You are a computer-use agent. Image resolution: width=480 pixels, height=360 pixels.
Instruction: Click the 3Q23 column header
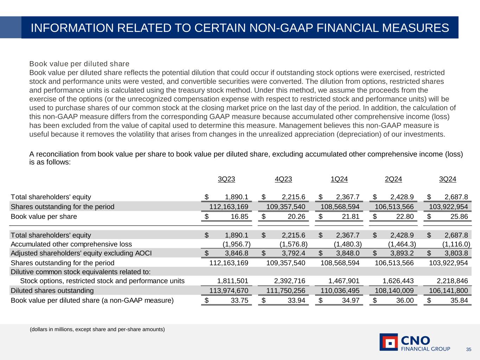[x=226, y=179]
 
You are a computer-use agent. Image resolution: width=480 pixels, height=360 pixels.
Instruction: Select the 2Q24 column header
[x=393, y=179]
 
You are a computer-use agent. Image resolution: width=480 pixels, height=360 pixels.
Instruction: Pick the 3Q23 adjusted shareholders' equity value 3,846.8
[x=236, y=253]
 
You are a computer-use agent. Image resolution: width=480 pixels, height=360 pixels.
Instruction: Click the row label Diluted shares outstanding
[x=52, y=291]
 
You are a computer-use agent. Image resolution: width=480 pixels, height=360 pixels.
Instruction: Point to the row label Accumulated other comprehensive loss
[x=71, y=244]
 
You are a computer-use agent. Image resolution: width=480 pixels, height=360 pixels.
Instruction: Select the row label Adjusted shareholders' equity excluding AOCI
[x=81, y=253]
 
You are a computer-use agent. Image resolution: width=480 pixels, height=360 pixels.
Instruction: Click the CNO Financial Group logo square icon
[x=389, y=342]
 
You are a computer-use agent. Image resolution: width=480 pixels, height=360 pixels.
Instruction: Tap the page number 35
[x=468, y=349]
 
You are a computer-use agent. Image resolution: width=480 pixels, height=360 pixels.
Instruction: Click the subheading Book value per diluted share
[x=79, y=64]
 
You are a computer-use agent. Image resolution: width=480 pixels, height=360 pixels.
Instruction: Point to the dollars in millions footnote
[x=97, y=329]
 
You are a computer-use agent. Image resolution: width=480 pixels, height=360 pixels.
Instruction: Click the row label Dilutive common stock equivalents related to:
[x=81, y=272]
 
